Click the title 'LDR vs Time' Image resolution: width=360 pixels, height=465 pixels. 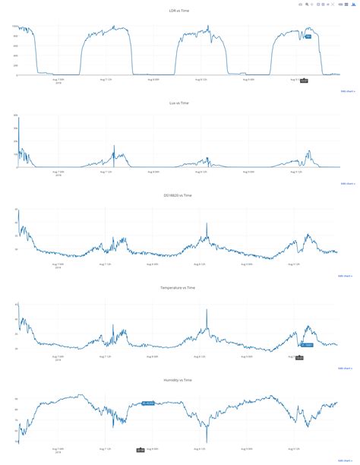pos(180,10)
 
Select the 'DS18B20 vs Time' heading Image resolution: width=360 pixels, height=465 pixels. pos(180,195)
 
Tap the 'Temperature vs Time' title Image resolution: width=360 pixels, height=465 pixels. pos(180,288)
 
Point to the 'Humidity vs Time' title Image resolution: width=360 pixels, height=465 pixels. pos(180,380)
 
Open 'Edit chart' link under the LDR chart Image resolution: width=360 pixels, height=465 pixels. pos(346,91)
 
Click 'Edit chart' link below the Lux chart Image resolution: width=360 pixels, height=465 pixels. pos(346,184)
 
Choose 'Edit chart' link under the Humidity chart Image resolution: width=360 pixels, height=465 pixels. pos(346,460)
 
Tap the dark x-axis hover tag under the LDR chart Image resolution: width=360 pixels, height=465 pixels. pos(304,80)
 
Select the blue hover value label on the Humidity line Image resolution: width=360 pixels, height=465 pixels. pos(148,403)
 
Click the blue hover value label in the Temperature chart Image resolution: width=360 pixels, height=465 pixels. pos(306,345)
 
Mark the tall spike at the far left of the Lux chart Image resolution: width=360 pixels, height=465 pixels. pos(19,120)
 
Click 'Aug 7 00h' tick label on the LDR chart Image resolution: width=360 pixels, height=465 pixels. pos(58,79)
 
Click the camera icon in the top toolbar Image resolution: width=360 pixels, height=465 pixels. pos(301,5)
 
